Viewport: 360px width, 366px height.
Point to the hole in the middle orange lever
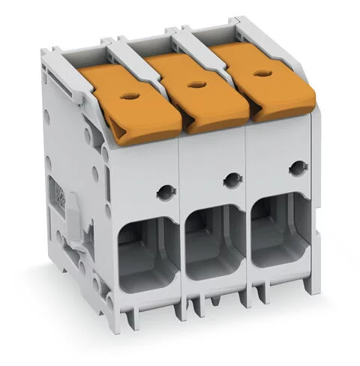(198, 85)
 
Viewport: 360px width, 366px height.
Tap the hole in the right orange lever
(262, 73)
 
